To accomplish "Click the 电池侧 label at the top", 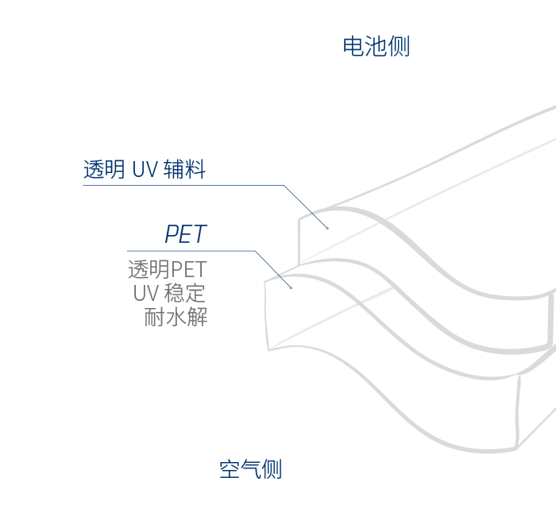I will [376, 47].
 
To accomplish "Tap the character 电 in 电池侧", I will [353, 47].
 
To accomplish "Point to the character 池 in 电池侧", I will [376, 47].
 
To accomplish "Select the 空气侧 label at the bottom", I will [250, 469].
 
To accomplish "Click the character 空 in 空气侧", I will [229, 469].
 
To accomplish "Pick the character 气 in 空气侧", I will [250, 469].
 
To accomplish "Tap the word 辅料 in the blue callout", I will [184, 169].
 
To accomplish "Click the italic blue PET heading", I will [185, 234].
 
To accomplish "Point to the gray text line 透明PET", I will [167, 270].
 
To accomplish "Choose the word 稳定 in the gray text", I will [185, 294].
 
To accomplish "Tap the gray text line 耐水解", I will [176, 318].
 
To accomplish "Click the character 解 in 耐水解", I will [197, 318].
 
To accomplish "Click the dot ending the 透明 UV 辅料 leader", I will [327, 228].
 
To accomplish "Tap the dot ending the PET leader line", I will [291, 287].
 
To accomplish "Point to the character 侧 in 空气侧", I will [272, 469].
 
